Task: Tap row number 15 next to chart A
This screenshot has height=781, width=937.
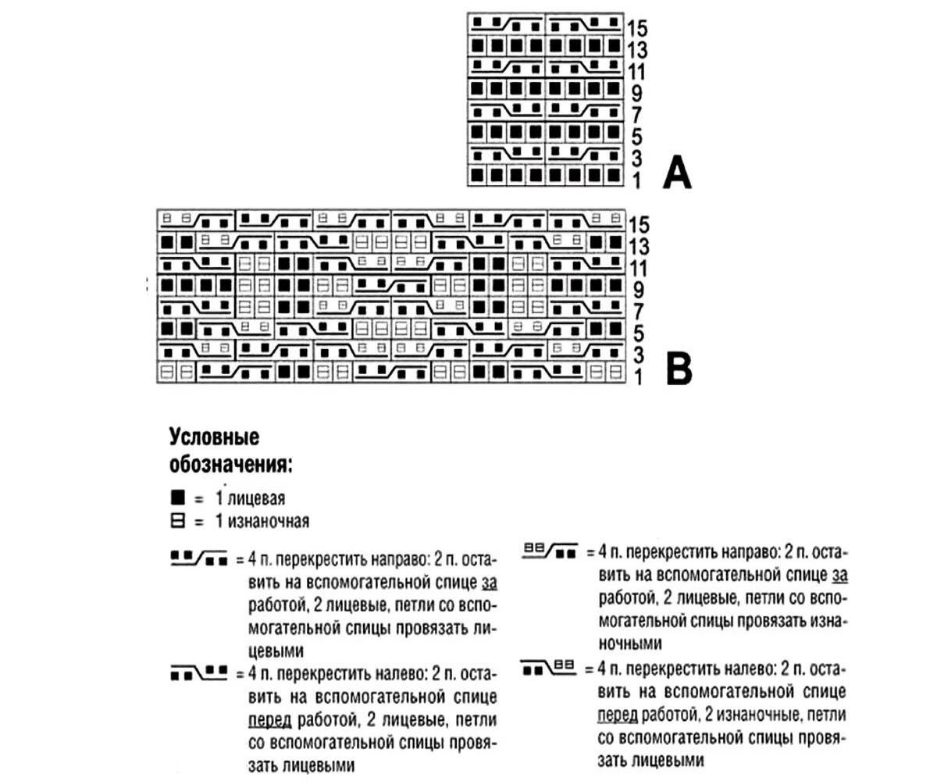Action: pos(637,29)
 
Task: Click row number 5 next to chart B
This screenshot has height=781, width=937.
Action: pos(638,334)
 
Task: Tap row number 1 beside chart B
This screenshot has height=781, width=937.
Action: pos(636,378)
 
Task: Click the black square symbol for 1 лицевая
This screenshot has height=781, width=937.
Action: pos(176,497)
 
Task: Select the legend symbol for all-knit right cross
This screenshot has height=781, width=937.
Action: pos(198,558)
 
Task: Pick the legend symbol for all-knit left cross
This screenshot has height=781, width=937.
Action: pos(198,670)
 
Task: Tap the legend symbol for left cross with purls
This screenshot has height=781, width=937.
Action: pos(550,667)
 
